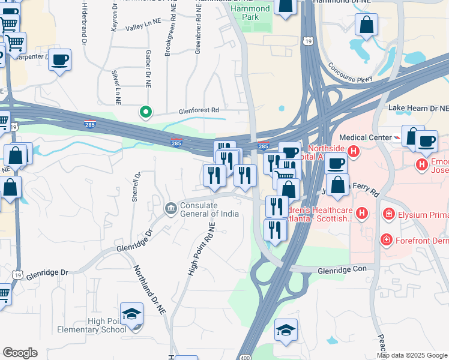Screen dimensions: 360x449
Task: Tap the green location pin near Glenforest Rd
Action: point(145,112)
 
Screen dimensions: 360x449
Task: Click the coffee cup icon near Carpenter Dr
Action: point(60,60)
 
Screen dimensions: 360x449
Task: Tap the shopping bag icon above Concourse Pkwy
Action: point(366,26)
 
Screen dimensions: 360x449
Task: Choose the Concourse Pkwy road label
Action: point(351,71)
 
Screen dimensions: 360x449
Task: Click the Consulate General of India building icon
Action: point(170,208)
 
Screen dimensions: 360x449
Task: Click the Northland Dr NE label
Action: point(150,290)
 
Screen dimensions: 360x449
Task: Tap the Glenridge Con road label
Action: point(342,270)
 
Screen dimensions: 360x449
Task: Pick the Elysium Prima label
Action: point(423,214)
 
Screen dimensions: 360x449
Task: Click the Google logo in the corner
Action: point(20,353)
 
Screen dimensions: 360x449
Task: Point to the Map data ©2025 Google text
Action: point(412,355)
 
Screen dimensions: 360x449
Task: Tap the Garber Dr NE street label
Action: point(147,67)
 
